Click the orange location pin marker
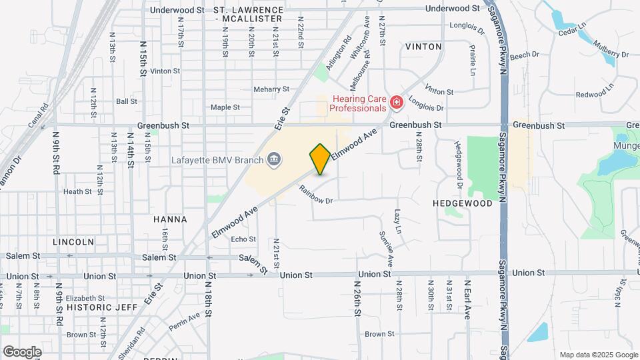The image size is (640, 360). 320,159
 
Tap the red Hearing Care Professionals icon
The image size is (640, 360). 396,102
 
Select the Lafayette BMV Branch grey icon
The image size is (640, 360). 273,159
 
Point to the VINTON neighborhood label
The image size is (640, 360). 423,47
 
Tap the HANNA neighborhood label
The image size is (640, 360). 170,219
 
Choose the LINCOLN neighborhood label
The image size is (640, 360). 75,241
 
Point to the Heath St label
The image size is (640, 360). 78,191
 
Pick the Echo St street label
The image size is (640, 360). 243,239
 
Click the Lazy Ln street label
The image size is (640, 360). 398,221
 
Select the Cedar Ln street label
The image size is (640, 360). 571,31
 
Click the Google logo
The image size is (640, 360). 23,351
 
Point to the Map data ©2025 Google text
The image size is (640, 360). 598,354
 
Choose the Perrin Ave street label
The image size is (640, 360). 185,319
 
